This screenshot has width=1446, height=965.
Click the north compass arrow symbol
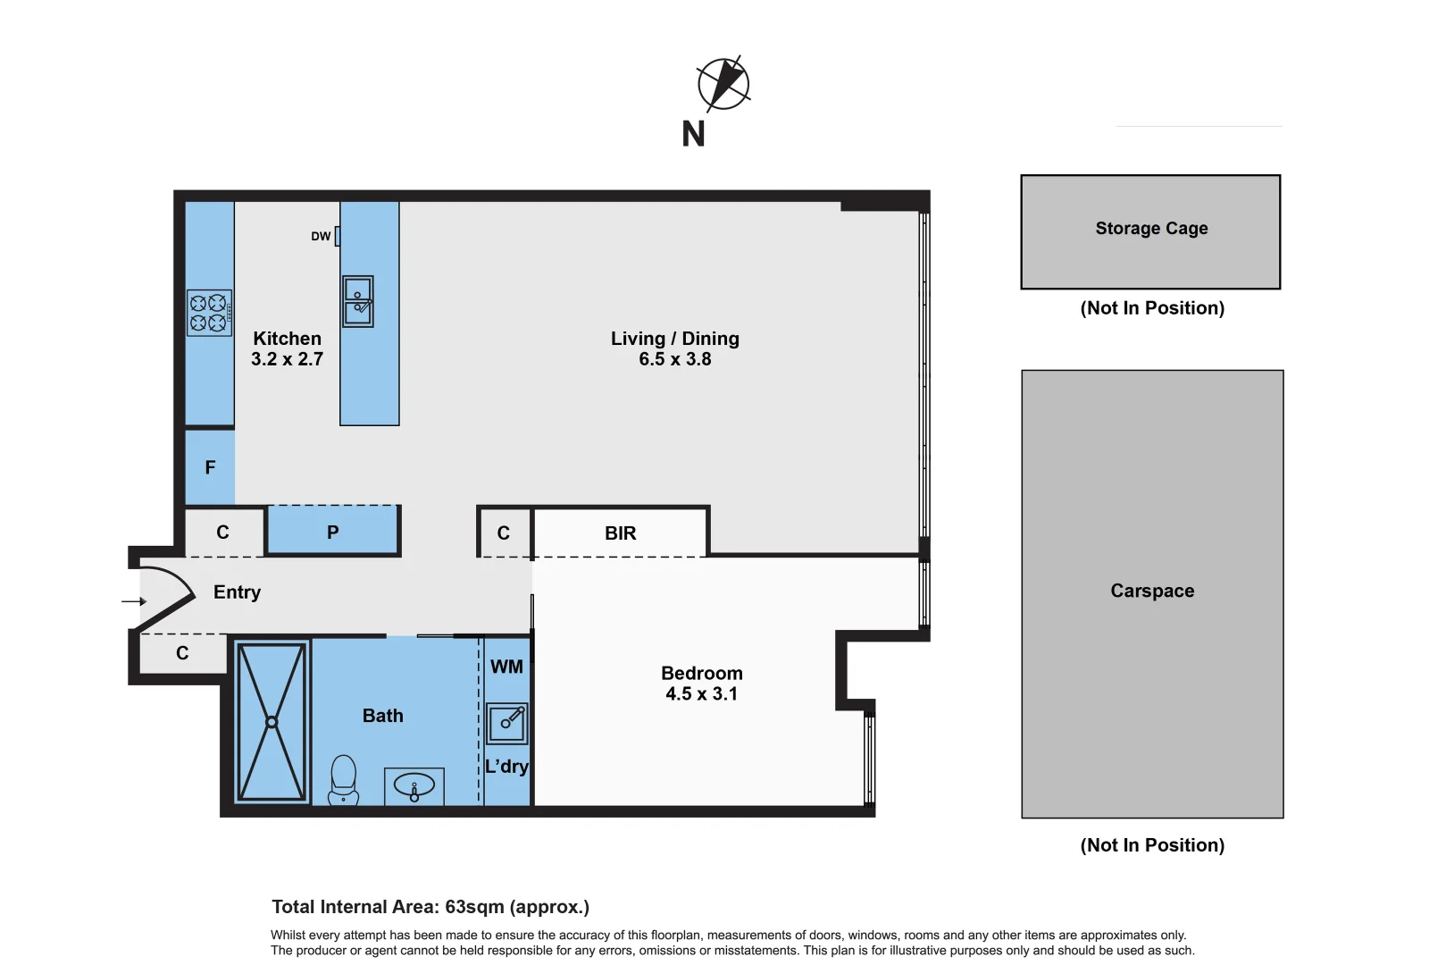(723, 84)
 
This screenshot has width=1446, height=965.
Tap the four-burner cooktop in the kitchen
(209, 313)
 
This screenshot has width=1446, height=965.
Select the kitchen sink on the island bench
(358, 301)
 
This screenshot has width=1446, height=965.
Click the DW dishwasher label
(321, 237)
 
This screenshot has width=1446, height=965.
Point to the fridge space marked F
(210, 467)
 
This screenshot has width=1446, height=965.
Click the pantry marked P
(332, 533)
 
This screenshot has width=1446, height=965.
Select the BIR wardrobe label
(620, 533)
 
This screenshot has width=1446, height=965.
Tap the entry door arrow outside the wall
(134, 601)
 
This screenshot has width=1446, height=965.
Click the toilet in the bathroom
(344, 780)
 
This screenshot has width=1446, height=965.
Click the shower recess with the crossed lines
(272, 722)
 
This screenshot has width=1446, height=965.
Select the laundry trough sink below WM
(507, 722)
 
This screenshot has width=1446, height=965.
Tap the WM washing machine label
(506, 667)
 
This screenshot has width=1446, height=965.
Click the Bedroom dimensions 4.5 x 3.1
(701, 694)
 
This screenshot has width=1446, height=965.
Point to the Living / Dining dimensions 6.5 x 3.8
(674, 359)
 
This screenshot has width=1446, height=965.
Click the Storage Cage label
(1151, 229)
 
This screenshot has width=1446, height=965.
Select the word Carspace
(1152, 591)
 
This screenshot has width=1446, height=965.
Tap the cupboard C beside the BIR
(504, 533)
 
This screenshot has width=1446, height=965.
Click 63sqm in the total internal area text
(474, 907)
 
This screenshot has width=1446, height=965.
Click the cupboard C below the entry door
(182, 654)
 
